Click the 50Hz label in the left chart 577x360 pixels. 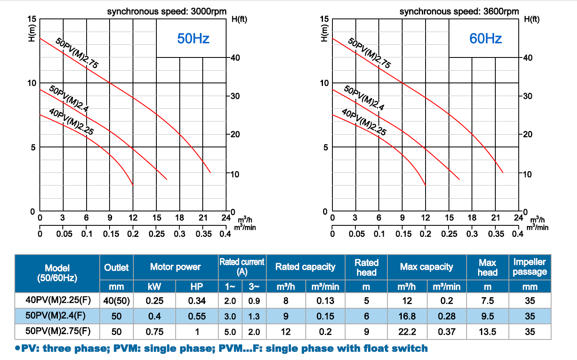[193, 39]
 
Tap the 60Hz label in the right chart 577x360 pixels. [485, 39]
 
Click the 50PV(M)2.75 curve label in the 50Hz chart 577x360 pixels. [77, 53]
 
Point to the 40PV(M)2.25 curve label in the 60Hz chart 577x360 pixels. [364, 122]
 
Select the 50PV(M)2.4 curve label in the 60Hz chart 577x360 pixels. [364, 98]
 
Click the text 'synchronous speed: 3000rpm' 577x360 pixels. [167, 11]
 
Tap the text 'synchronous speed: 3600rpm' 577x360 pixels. [459, 11]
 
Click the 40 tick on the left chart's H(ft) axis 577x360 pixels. [235, 58]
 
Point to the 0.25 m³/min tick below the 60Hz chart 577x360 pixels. [449, 234]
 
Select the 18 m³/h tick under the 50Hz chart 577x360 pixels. [180, 218]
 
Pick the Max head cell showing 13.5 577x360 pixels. [488, 332]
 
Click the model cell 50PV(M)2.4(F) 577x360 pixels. [55, 316]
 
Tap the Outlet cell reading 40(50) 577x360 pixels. [117, 301]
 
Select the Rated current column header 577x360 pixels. [242, 267]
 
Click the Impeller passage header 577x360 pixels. [529, 267]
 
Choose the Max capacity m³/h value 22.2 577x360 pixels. [407, 332]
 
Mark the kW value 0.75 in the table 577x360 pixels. [154, 332]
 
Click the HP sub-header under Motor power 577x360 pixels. [197, 287]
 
